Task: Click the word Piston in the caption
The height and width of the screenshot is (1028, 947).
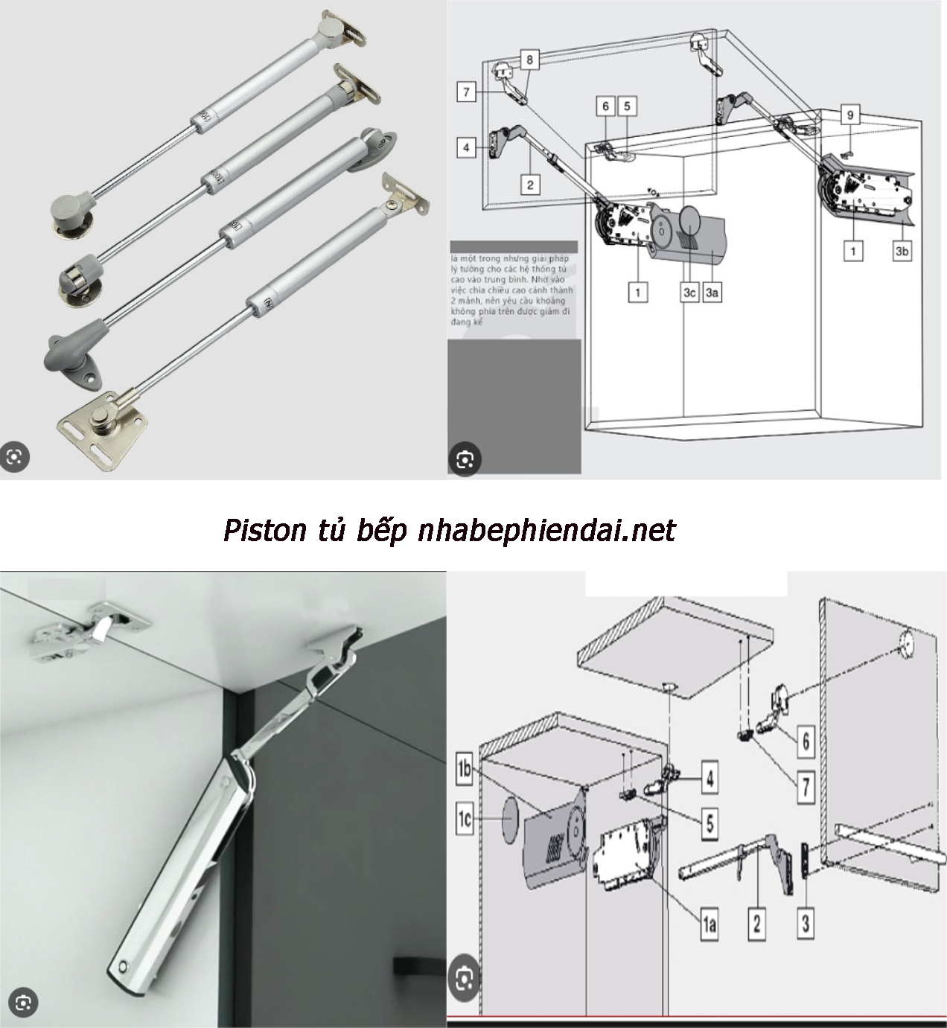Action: point(265,531)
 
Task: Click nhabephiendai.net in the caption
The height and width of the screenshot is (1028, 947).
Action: point(546,531)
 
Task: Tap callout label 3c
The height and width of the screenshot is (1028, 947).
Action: point(689,293)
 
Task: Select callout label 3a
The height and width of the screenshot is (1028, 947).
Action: point(712,293)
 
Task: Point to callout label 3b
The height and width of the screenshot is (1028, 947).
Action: point(902,252)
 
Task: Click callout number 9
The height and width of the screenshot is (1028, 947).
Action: point(849,115)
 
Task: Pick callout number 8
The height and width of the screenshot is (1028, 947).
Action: point(529,59)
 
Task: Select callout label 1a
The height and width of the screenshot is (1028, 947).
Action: point(708,925)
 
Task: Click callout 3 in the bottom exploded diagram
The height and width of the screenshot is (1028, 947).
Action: point(806,923)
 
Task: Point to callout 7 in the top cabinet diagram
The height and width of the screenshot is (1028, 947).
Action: point(467,92)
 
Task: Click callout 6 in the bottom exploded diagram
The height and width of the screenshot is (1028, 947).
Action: point(806,741)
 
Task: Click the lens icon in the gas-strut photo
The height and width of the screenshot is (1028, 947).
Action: point(14,456)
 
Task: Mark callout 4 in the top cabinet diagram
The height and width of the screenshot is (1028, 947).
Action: point(466,147)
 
